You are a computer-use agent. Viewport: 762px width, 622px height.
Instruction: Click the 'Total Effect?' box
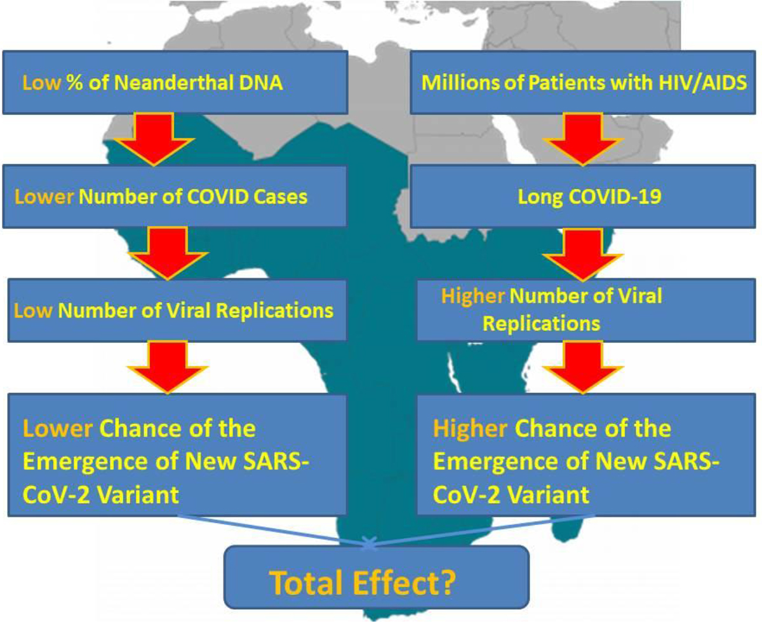tap(377, 577)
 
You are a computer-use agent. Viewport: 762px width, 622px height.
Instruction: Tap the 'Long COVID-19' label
tap(589, 197)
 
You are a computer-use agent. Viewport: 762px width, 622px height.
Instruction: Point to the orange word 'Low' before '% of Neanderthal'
tap(41, 83)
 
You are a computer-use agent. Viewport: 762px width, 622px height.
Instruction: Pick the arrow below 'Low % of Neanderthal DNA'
tap(154, 139)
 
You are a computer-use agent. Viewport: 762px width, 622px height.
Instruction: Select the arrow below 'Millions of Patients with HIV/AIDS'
tap(583, 139)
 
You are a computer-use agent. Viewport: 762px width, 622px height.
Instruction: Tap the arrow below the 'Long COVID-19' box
tap(583, 255)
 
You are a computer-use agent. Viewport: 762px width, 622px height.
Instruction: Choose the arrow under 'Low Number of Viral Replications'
tap(168, 367)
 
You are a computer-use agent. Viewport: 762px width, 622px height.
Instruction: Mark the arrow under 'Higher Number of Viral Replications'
tap(583, 367)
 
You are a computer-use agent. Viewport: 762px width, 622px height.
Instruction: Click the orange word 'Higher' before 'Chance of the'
tap(470, 429)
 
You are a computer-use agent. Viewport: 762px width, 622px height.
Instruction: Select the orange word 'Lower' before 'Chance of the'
tap(57, 429)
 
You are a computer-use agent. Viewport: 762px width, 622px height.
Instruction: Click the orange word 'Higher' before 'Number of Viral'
tap(472, 296)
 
